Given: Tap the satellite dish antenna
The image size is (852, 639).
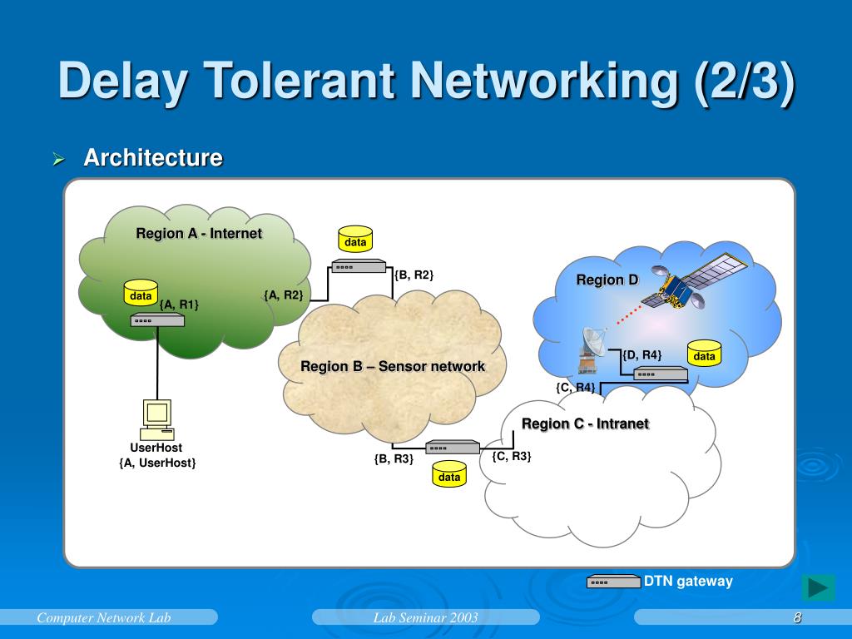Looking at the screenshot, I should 592,348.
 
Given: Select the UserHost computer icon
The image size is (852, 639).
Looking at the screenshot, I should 156,419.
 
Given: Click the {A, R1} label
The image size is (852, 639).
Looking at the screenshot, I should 179,305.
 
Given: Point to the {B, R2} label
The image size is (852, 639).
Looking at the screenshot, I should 414,275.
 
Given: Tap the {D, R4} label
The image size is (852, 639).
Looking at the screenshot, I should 641,355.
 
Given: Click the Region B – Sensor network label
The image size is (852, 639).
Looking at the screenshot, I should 393,366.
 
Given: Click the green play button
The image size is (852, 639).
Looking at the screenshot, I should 818,587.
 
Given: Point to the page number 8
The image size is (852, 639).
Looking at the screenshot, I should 797,617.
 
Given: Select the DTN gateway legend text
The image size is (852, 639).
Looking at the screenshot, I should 688,581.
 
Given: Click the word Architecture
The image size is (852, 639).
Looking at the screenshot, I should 153,157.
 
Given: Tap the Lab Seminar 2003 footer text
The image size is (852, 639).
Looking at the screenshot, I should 425,617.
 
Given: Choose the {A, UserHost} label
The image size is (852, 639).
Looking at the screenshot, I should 157,463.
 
